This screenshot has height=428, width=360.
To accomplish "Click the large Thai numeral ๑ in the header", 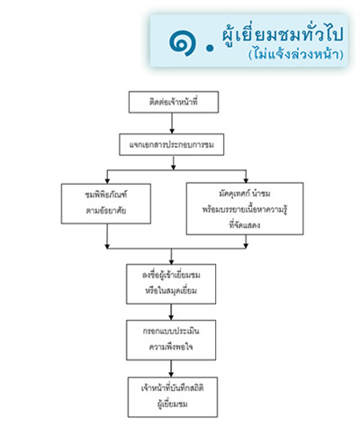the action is point(183,43).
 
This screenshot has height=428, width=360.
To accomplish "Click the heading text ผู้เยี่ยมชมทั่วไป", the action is point(283,35).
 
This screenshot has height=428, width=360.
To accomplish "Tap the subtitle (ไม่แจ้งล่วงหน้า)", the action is point(296,54).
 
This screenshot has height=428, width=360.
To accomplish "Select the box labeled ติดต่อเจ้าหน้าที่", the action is point(174,102).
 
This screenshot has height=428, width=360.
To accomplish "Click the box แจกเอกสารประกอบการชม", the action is point(172,145).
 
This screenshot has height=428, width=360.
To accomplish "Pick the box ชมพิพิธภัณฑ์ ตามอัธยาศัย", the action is point(106,204).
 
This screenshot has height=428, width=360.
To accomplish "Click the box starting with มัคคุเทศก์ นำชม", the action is point(245,208).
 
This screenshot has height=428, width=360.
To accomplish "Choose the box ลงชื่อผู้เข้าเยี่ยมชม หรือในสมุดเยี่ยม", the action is point(171,284).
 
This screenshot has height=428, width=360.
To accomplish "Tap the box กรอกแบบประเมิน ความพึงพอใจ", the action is point(171,340).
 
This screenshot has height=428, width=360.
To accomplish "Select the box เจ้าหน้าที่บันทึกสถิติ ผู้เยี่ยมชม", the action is point(173,397).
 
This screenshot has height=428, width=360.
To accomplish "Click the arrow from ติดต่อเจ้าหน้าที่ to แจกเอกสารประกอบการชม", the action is point(172,123).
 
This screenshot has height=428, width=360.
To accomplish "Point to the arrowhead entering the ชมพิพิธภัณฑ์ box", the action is point(107,181).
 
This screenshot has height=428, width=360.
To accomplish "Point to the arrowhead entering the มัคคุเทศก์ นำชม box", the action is point(246,179).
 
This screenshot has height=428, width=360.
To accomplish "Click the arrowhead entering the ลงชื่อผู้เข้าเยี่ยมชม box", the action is point(171,261).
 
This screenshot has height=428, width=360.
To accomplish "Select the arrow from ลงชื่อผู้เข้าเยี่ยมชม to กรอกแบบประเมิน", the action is point(171,312).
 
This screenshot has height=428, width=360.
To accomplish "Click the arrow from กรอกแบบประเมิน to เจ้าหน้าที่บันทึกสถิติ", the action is point(171,369).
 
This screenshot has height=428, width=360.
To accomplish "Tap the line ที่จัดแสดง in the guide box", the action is point(245,225).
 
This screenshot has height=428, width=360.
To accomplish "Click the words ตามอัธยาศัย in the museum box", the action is point(106,211).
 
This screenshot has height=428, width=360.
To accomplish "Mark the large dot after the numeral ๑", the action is point(211,48).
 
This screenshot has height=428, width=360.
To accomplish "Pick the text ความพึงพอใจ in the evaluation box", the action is point(171,347).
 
